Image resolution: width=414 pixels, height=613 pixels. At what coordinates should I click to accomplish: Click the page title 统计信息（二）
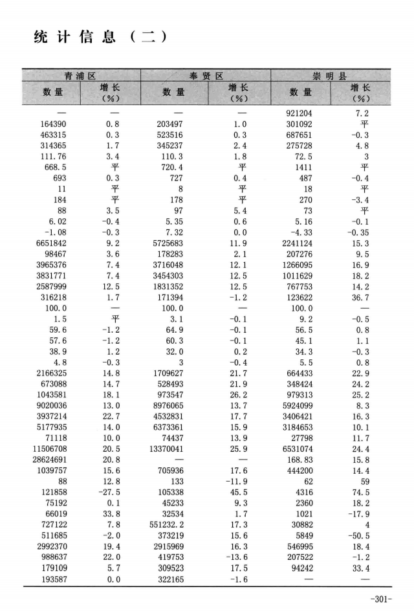pyautogui.click(x=100, y=37)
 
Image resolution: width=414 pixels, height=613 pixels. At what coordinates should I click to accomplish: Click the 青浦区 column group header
pyautogui.click(x=81, y=76)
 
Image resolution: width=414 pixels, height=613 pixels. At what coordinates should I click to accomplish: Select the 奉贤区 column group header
pyautogui.click(x=206, y=76)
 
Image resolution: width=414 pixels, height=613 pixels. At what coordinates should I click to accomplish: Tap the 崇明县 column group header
pyautogui.click(x=331, y=76)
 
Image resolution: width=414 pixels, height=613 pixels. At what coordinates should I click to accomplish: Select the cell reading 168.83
pyautogui.click(x=300, y=458)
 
